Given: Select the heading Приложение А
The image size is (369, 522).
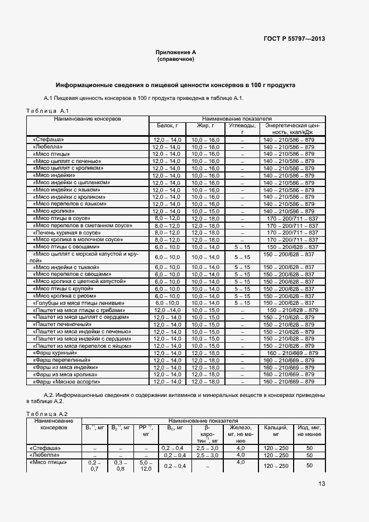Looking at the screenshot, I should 176,52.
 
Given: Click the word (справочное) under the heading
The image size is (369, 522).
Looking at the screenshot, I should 176,59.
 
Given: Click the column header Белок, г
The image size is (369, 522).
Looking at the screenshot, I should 166,126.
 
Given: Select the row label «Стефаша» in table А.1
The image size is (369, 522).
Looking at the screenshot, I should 49,139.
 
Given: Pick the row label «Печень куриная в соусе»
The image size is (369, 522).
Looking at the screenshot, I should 66,232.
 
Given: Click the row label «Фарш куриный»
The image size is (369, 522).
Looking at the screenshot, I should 55,353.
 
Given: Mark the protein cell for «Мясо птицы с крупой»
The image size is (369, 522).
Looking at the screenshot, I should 166,288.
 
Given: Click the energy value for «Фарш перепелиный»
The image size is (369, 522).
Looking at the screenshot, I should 290,360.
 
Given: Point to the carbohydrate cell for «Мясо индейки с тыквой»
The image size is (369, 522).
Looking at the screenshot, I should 242,267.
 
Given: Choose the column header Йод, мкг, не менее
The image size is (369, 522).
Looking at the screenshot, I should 309,431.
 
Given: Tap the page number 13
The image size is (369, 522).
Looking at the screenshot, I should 322,483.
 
